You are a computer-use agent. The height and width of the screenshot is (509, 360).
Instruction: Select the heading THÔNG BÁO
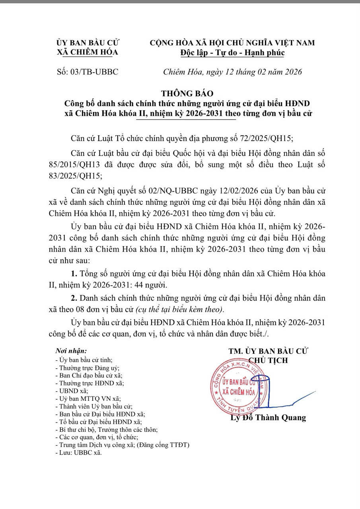click(187, 94)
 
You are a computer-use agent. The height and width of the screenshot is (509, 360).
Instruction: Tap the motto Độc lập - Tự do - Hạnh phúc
click(232, 52)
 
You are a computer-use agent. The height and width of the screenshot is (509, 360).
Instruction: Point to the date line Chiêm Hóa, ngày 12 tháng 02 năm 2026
click(233, 72)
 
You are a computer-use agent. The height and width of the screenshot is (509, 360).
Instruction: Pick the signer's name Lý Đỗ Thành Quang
click(269, 418)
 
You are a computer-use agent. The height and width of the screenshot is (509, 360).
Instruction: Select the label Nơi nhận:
click(71, 351)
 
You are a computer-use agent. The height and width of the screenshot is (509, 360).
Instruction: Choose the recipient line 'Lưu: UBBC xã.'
click(79, 453)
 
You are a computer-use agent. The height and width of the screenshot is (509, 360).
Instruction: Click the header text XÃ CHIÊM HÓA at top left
click(88, 52)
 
